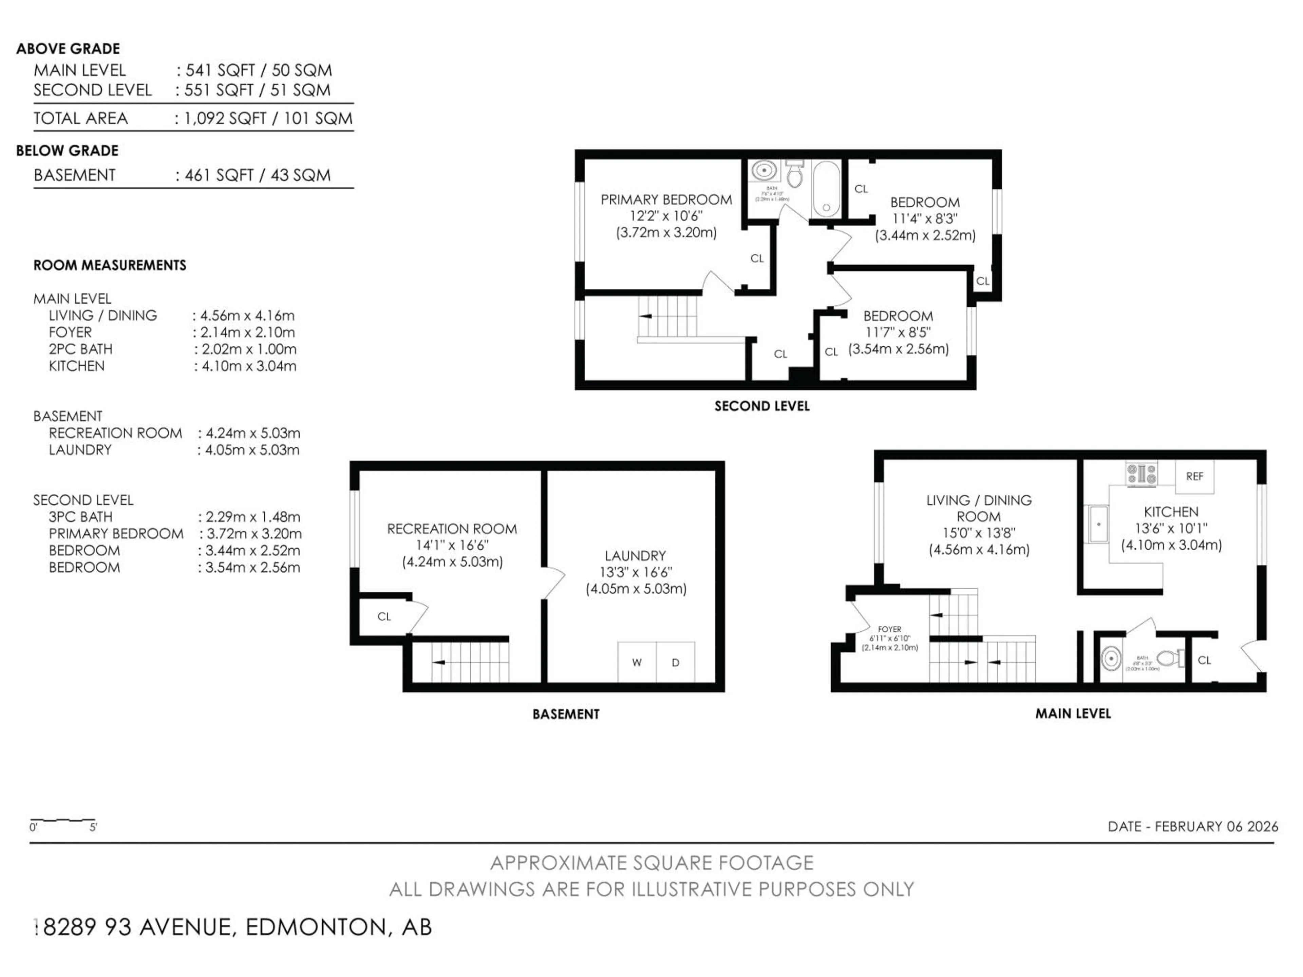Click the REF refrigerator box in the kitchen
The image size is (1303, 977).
(1194, 476)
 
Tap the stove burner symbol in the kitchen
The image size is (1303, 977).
(1141, 474)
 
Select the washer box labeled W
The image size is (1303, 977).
(637, 662)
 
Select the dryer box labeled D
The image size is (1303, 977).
(676, 662)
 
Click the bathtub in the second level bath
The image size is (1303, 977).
(826, 189)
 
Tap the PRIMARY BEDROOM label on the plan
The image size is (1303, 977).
(666, 199)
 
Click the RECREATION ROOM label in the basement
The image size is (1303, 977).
(452, 529)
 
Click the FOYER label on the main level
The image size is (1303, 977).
(889, 629)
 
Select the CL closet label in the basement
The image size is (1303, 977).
(384, 617)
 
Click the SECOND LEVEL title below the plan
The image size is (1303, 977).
(762, 406)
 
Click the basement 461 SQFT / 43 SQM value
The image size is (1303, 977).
(258, 175)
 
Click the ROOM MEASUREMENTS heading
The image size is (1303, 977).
(110, 265)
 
